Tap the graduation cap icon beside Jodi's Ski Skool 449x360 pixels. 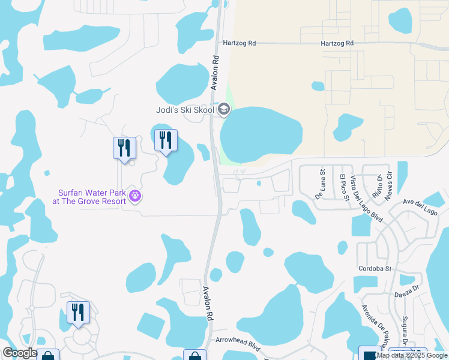[x=224, y=109]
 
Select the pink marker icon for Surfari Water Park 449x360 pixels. [x=136, y=196]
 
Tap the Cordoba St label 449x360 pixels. [x=375, y=268]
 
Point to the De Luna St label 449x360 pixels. [x=319, y=187]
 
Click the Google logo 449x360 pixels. [x=20, y=353]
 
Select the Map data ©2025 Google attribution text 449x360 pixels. [x=412, y=355]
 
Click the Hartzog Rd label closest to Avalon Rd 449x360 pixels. [x=239, y=43]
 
